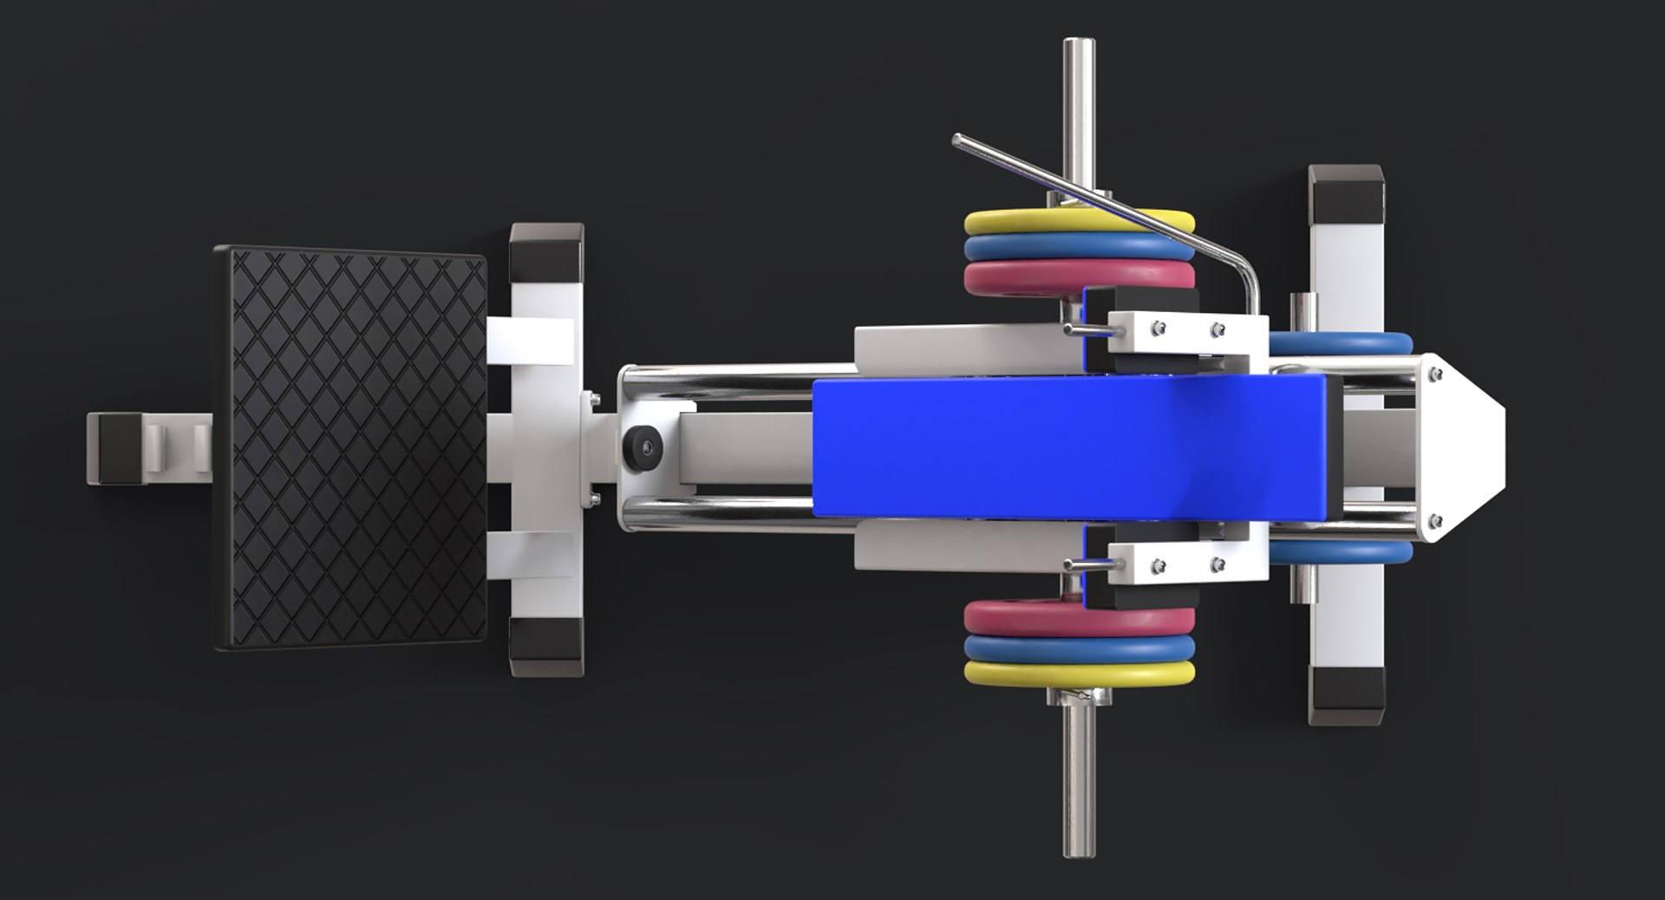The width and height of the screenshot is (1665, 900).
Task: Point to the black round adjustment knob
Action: point(643,447)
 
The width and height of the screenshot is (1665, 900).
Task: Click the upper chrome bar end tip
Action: point(1079,48)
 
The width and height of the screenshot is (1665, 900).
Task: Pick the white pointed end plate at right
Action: point(1466,447)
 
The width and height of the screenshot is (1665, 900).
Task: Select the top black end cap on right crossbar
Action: point(1345,192)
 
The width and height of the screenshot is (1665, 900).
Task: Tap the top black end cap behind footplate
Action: point(546,249)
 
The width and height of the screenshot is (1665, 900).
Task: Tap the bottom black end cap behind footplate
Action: point(546,646)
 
